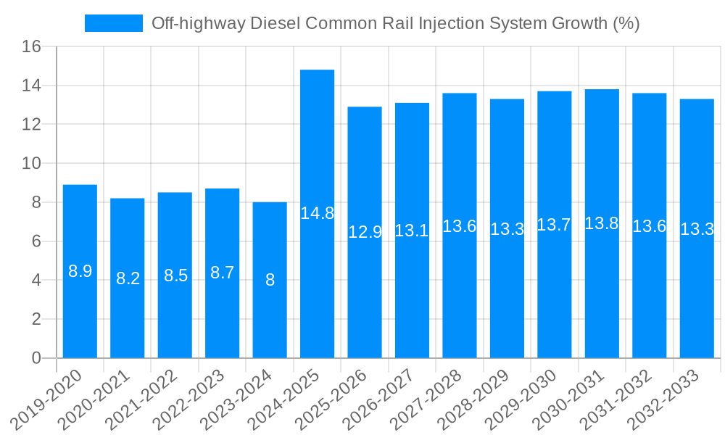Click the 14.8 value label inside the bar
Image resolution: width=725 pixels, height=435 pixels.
pos(317,213)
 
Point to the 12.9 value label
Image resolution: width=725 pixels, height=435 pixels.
pos(365,232)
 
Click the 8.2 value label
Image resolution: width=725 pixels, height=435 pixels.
pos(128,278)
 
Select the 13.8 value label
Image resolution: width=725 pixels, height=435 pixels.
pos(602,223)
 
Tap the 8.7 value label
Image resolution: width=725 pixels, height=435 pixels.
pos(223,273)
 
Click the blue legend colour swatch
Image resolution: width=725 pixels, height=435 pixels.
pos(114,23)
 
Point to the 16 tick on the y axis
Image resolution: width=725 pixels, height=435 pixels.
pos(31,47)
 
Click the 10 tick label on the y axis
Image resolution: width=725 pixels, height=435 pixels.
pos(31,164)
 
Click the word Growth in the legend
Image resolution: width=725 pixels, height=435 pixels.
pos(581,23)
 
